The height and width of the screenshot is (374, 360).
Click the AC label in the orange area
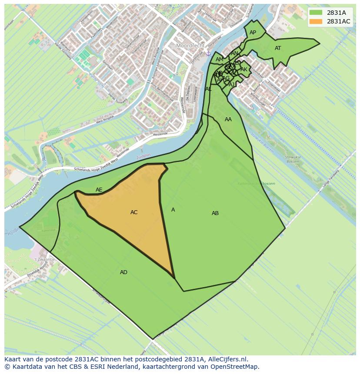pyautogui.click(x=134, y=212)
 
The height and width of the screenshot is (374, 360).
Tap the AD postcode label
pyautogui.click(x=123, y=272)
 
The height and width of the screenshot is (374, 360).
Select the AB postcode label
pyautogui.click(x=215, y=213)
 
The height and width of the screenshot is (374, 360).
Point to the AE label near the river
pyautogui.click(x=99, y=190)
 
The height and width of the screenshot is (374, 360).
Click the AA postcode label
pyautogui.click(x=228, y=119)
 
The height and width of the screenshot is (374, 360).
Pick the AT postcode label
pyautogui.click(x=278, y=48)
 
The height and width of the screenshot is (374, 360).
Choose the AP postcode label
pyautogui.click(x=253, y=33)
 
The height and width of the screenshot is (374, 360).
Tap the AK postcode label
pyautogui.click(x=244, y=70)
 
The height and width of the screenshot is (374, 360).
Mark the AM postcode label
pyautogui.click(x=219, y=60)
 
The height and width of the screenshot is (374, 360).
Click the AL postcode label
pyautogui.click(x=208, y=89)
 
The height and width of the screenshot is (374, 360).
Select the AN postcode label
pyautogui.click(x=234, y=53)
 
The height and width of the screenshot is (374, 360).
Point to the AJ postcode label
pyautogui.click(x=232, y=85)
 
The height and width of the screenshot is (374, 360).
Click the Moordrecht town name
pyautogui.click(x=190, y=45)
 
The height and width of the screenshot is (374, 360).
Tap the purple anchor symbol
pyautogui.click(x=208, y=53)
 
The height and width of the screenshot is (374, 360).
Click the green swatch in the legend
pyautogui.click(x=316, y=13)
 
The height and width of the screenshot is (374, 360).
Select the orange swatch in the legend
pyautogui.click(x=316, y=22)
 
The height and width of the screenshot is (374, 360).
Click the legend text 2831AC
pyautogui.click(x=339, y=22)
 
